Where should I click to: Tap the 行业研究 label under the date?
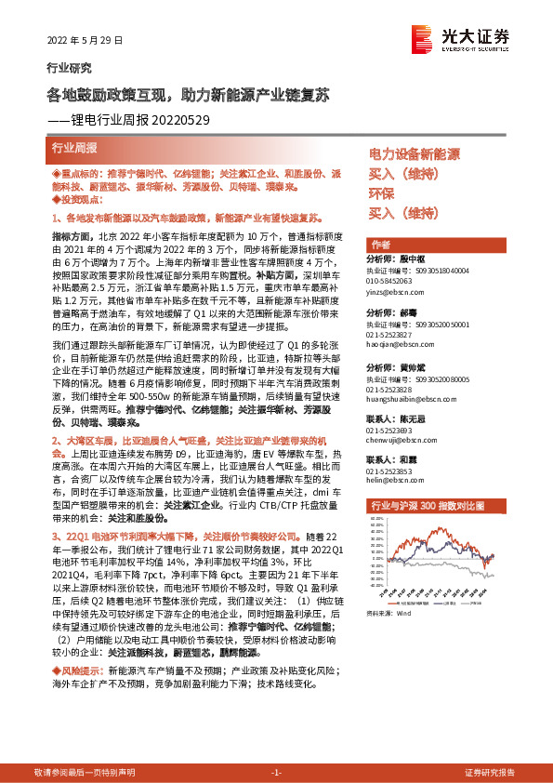coord(69,68)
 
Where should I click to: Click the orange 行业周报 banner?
coord(74,148)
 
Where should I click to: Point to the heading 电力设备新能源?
coord(415,153)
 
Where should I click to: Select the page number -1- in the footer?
coord(276,773)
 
